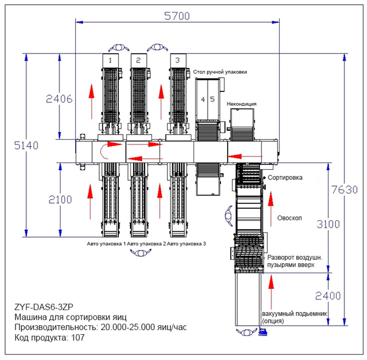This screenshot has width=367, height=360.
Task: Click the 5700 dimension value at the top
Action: click(177, 16)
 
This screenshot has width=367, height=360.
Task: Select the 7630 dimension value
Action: click(345, 190)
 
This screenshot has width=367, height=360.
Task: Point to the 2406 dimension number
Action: click(59, 99)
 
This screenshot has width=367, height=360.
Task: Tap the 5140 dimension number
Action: click(26, 145)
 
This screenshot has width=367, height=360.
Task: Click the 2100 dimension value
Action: click(60, 200)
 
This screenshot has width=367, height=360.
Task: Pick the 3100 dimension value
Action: click(328, 224)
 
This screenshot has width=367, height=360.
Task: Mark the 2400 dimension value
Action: click(328, 296)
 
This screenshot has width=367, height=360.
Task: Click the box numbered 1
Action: click(111, 61)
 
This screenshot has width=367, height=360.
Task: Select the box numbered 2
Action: click(139, 61)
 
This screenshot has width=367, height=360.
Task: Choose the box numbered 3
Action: click(178, 61)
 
